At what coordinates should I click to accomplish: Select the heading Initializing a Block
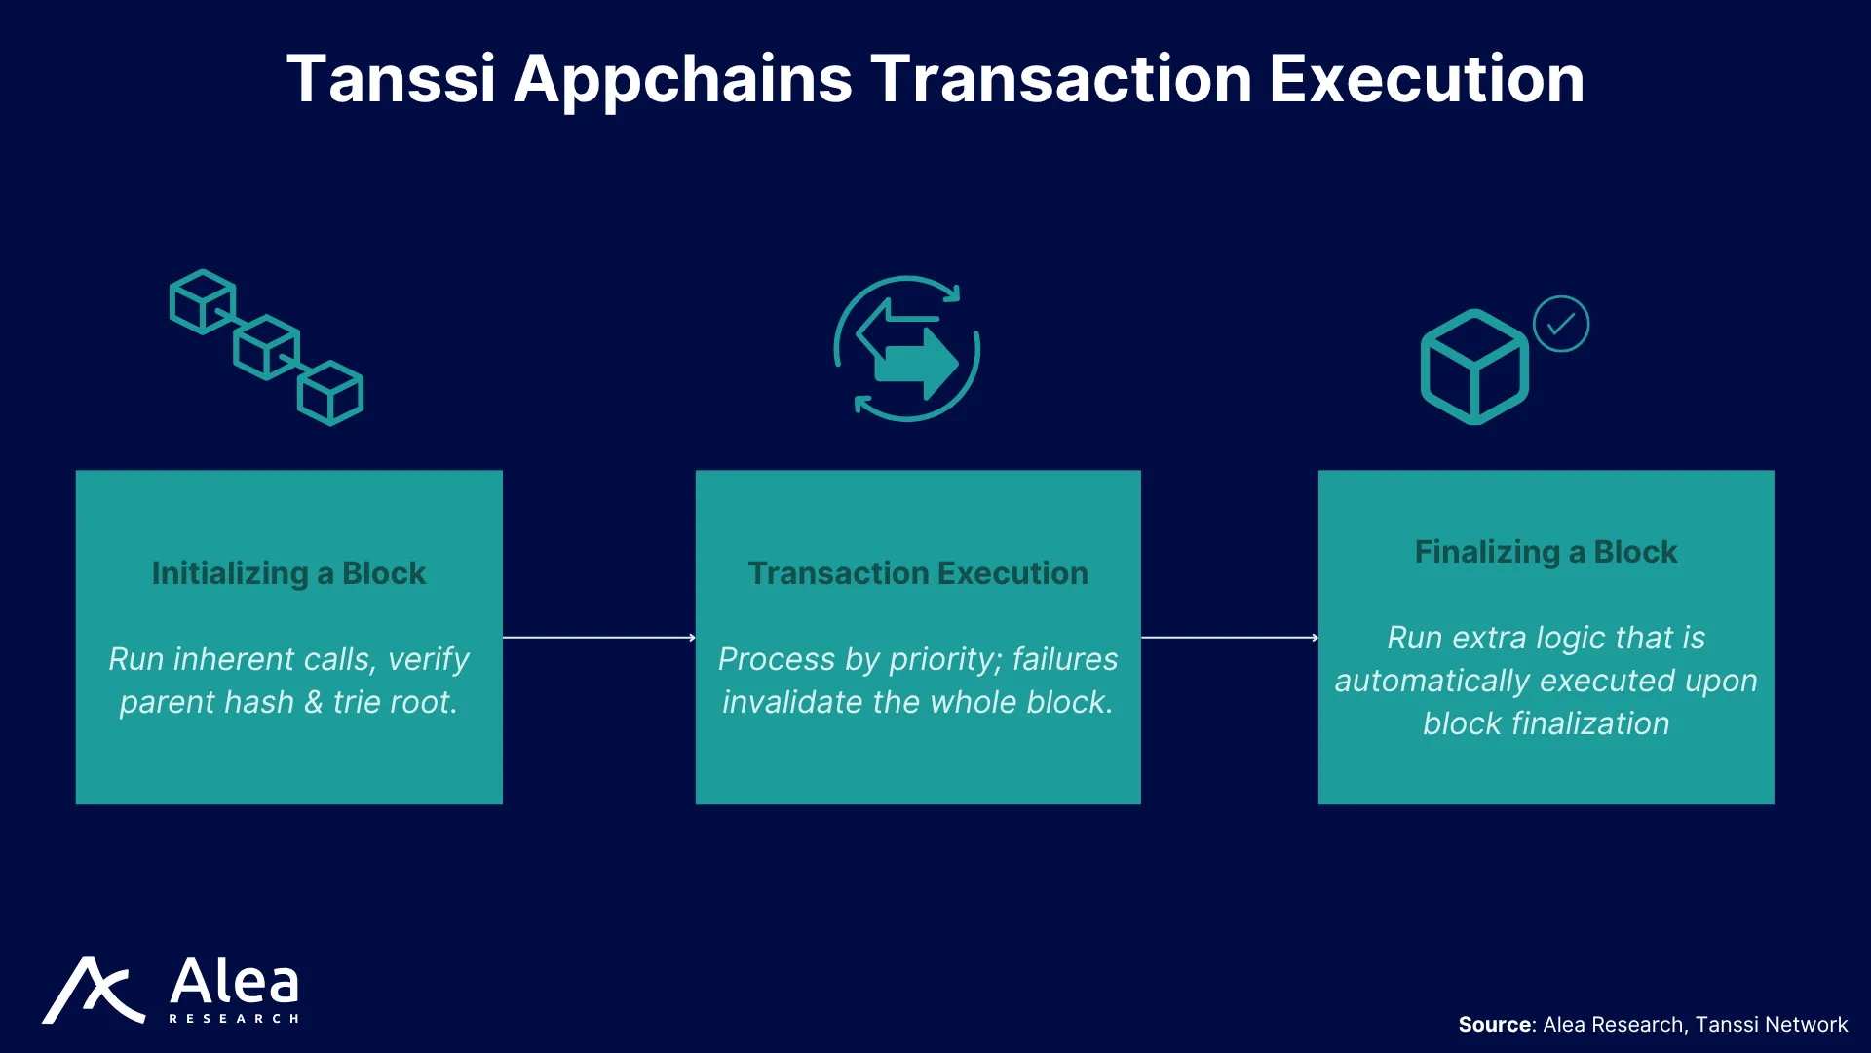[288, 573]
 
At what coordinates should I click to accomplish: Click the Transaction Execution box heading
[918, 573]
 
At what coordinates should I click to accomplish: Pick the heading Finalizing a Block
[1546, 552]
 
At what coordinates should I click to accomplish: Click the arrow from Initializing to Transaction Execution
[599, 638]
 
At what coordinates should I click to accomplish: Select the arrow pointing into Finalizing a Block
[1230, 638]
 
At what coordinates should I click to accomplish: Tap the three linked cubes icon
[266, 348]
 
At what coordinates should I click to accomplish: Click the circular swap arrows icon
[907, 348]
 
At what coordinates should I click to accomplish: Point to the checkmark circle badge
[1561, 324]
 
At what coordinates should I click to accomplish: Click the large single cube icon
[1474, 368]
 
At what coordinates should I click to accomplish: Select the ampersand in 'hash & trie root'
[313, 702]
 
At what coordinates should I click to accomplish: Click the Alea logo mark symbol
[94, 991]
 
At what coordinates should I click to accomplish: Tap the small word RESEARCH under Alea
[234, 1019]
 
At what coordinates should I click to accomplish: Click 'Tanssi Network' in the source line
[1772, 1025]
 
